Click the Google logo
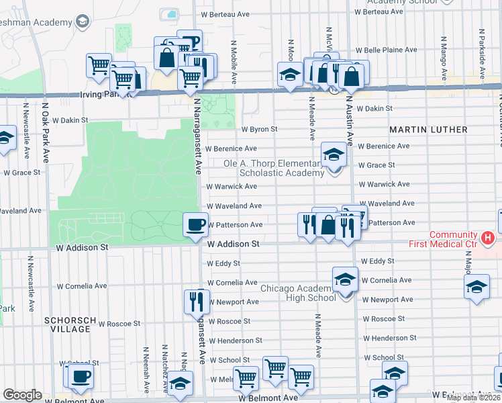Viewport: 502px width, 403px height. point(22,395)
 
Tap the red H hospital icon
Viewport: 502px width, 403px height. point(489,238)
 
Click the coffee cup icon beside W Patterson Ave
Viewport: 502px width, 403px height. point(195,224)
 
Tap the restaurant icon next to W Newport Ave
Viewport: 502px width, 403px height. point(197,301)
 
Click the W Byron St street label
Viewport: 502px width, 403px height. point(259,129)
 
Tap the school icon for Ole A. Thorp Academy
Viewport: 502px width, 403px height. point(334,155)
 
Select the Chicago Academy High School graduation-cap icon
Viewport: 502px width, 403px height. point(345,279)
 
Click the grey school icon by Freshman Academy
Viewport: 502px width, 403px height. point(83,22)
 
